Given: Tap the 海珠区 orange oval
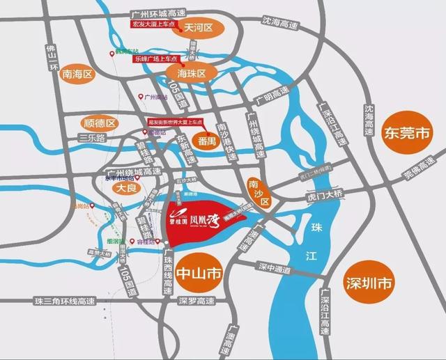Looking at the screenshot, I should tap(192, 72).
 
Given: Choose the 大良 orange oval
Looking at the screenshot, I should tap(125, 188).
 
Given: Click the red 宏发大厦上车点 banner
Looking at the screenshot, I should tap(156, 25).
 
